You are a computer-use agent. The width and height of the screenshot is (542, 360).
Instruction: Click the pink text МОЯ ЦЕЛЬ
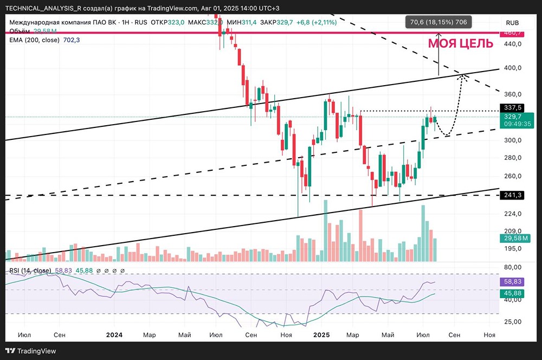pyautogui.click(x=461, y=44)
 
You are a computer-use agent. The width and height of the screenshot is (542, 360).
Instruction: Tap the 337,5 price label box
pyautogui.click(x=513, y=107)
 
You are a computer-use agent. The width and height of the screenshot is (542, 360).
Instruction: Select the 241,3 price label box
pyautogui.click(x=513, y=195)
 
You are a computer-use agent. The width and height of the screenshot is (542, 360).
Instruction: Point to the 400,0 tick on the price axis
pyautogui.click(x=512, y=68)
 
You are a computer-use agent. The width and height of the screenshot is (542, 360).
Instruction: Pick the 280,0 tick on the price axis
pyautogui.click(x=512, y=158)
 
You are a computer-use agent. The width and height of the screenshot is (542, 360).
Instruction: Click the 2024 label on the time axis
pyautogui.click(x=115, y=335)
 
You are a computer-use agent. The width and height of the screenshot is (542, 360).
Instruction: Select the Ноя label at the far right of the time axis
pyautogui.click(x=489, y=335)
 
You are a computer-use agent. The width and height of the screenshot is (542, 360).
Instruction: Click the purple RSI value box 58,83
pyautogui.click(x=513, y=282)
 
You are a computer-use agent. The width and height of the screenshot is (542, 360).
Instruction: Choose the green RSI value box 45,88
pyautogui.click(x=513, y=293)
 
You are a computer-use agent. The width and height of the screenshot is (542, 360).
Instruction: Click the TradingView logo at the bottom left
pyautogui.click(x=31, y=351)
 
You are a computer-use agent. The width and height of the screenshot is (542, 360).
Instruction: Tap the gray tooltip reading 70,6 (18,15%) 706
pyautogui.click(x=438, y=22)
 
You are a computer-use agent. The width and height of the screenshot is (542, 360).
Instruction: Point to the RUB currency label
pyautogui.click(x=512, y=23)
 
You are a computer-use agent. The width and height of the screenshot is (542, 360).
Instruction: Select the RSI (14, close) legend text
pyautogui.click(x=30, y=270)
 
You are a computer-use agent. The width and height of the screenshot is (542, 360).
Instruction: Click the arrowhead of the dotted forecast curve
pyautogui.click(x=463, y=76)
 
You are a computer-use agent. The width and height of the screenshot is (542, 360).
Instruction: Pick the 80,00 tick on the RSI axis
pyautogui.click(x=512, y=267)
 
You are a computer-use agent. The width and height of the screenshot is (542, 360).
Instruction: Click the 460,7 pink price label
pyautogui.click(x=513, y=33)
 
